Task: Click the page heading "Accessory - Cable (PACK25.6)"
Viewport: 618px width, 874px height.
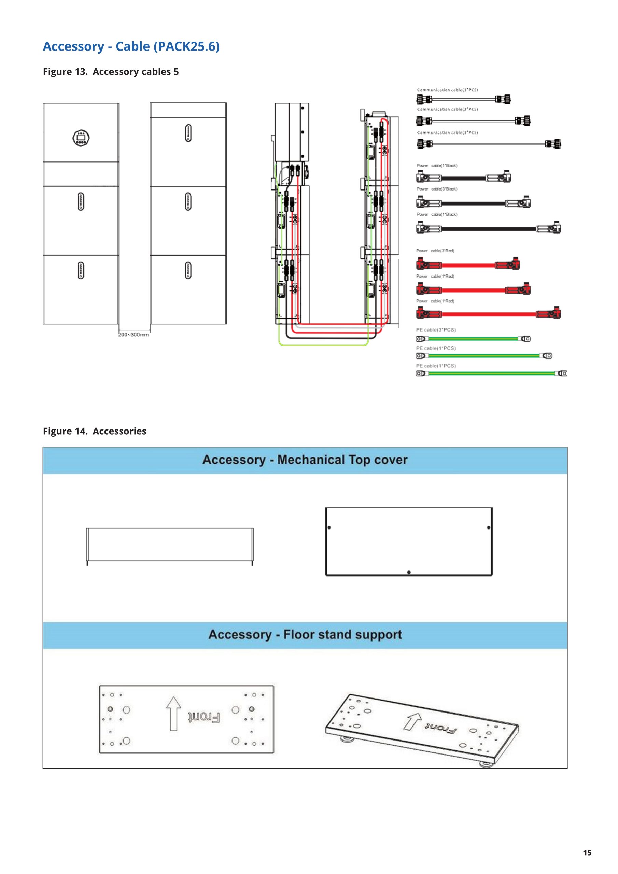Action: coord(131,46)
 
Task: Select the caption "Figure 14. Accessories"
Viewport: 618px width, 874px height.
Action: coord(95,431)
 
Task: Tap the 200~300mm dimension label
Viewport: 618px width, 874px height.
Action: coord(133,335)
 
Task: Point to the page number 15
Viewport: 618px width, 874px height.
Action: coord(587,853)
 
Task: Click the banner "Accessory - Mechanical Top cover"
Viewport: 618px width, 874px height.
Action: coord(305,460)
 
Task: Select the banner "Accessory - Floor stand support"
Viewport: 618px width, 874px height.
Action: coord(305,635)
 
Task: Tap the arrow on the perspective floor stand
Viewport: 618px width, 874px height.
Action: coord(412,721)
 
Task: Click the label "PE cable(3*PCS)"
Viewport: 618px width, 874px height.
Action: coord(436,330)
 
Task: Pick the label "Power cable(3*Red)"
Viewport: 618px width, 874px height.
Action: coord(435,251)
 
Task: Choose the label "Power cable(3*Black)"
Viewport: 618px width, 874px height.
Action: coord(437,189)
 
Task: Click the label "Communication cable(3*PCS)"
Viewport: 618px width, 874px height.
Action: coord(447,109)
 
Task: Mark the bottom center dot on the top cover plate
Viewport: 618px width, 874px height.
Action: coord(409,572)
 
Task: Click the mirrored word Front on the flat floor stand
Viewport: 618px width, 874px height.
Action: coord(204,718)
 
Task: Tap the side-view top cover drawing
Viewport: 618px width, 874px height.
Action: coord(169,544)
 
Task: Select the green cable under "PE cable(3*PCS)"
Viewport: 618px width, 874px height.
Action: coord(473,338)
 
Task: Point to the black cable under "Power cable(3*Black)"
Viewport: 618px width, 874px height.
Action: coord(473,203)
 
